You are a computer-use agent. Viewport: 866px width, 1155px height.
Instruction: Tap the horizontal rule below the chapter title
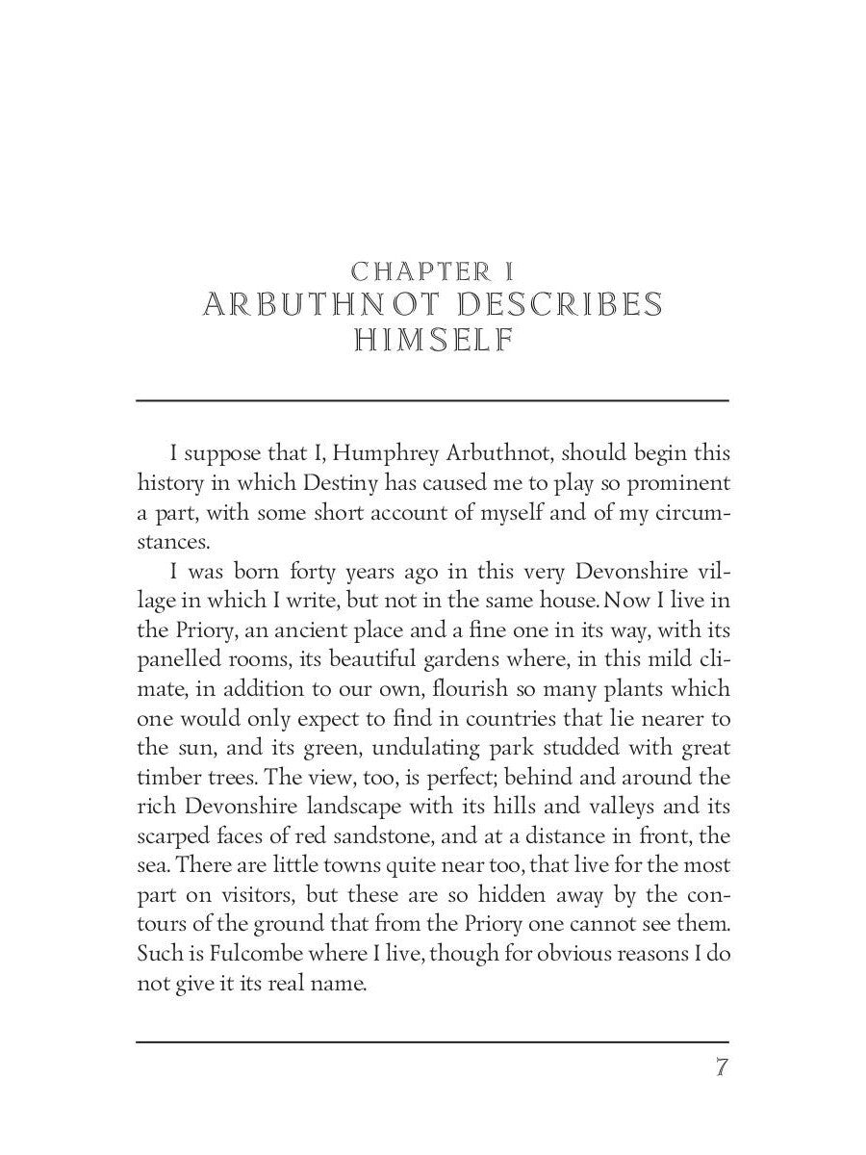point(432,399)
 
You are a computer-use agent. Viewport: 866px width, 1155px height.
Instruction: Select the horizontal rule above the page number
point(432,1040)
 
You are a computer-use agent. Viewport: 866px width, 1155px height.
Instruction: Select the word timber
point(166,777)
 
